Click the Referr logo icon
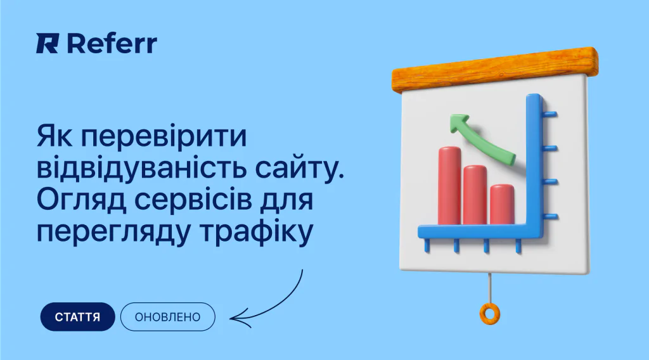[x=47, y=44]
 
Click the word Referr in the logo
[x=112, y=44]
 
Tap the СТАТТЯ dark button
[x=77, y=317]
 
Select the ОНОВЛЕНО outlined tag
[x=167, y=317]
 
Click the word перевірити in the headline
[x=164, y=137]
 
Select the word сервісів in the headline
[x=193, y=200]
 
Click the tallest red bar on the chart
[x=449, y=185]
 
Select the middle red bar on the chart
[x=475, y=195]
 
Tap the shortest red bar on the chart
[x=503, y=205]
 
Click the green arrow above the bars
[x=482, y=139]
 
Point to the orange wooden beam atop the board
[x=495, y=70]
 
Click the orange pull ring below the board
[x=490, y=314]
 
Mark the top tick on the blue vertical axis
[x=550, y=114]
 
